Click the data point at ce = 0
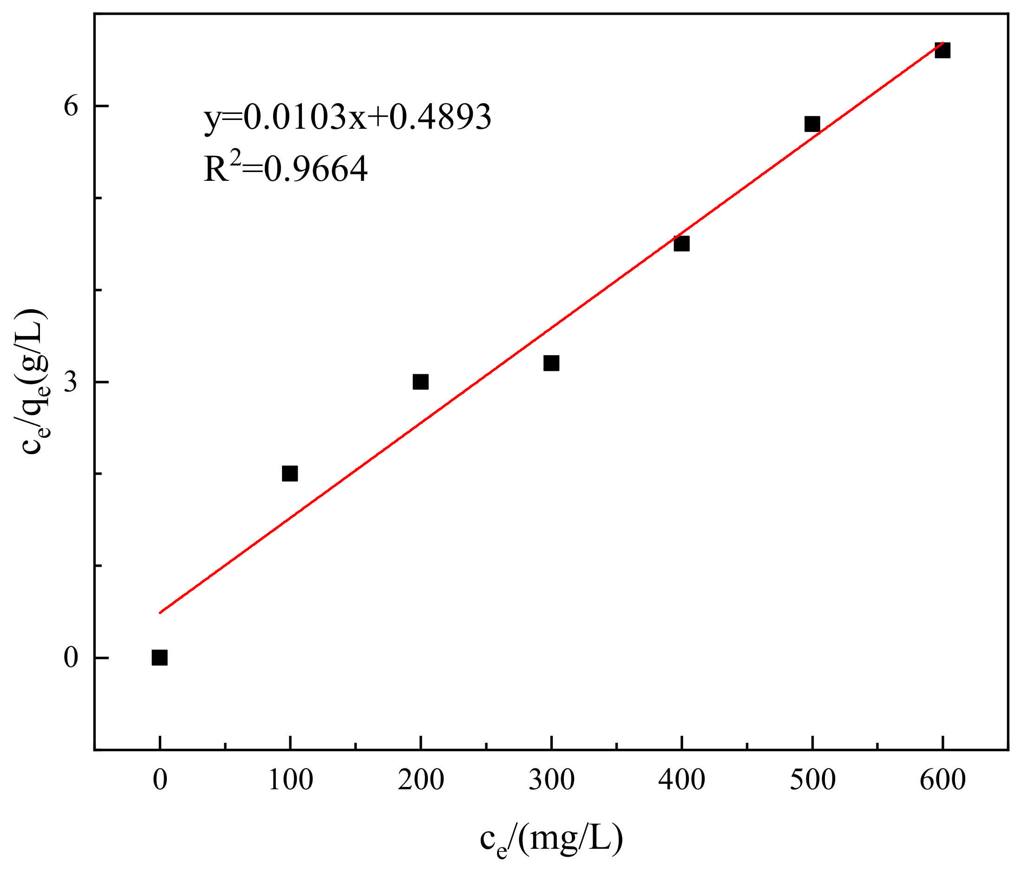pos(159,657)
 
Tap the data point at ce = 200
pos(420,381)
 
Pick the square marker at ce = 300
pos(551,363)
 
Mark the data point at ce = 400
pos(682,244)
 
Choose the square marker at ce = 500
pos(812,124)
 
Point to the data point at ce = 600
pos(942,50)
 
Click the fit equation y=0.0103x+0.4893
pos(347,117)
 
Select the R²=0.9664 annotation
pos(286,167)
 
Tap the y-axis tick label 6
pos(72,106)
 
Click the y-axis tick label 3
pos(72,382)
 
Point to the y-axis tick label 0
pos(72,658)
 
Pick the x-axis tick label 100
pos(290,781)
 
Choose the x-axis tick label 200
pos(421,781)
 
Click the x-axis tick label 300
pos(551,781)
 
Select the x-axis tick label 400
pos(682,781)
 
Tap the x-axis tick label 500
pos(812,781)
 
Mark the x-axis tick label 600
pos(943,781)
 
